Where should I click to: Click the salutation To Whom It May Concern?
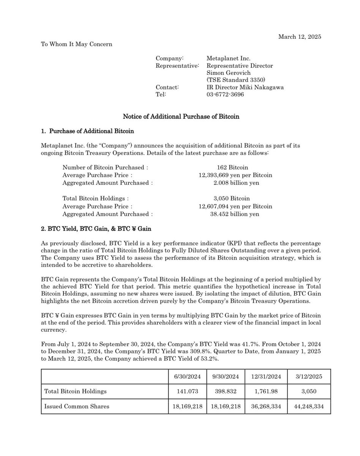pyautogui.click(x=76, y=44)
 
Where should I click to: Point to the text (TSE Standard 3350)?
pyautogui.click(x=236, y=80)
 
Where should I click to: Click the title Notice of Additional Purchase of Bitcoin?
pyautogui.click(x=181, y=117)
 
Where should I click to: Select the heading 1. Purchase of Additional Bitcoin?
pyautogui.click(x=87, y=131)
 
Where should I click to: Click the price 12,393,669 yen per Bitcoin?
pyautogui.click(x=235, y=175)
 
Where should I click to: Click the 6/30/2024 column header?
pyautogui.click(x=187, y=377)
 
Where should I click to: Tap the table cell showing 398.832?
pyautogui.click(x=226, y=391)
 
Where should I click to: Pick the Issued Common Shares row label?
pyautogui.click(x=77, y=406)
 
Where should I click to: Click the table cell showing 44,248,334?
pyautogui.click(x=309, y=406)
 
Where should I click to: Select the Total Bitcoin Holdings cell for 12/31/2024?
pyautogui.click(x=266, y=391)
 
